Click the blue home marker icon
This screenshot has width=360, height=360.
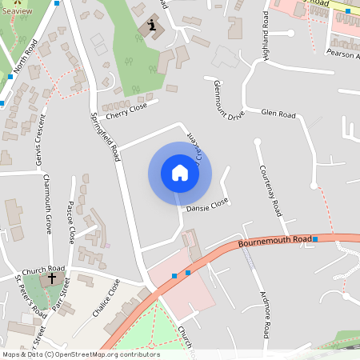[x=179, y=173]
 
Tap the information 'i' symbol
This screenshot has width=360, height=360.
[x=152, y=26]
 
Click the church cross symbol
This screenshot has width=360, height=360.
[x=53, y=279]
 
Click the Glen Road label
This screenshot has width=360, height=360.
[x=278, y=115]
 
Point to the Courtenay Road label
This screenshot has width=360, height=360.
[x=269, y=191]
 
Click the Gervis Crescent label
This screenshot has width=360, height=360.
[x=38, y=148]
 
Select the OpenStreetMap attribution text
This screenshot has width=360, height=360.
[x=81, y=354]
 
